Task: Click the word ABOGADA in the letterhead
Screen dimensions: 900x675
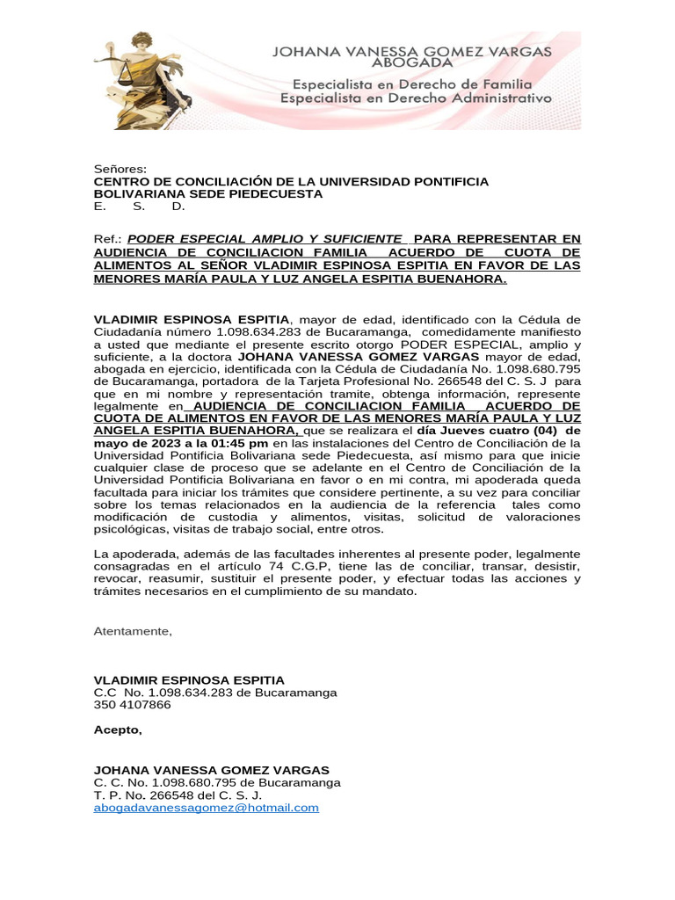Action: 413,62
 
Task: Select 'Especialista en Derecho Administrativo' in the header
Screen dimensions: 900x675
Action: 416,98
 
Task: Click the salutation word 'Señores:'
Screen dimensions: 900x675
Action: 120,169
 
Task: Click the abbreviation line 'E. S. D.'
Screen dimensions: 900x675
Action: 140,207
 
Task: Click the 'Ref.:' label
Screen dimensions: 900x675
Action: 107,239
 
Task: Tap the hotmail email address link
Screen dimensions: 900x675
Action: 206,807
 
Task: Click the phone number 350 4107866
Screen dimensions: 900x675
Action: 133,705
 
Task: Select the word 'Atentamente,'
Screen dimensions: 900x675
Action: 133,631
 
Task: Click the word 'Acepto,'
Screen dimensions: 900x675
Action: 118,729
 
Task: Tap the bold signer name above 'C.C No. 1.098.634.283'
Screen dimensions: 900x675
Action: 189,680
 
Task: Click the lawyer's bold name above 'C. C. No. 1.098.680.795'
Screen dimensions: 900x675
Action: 212,770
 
